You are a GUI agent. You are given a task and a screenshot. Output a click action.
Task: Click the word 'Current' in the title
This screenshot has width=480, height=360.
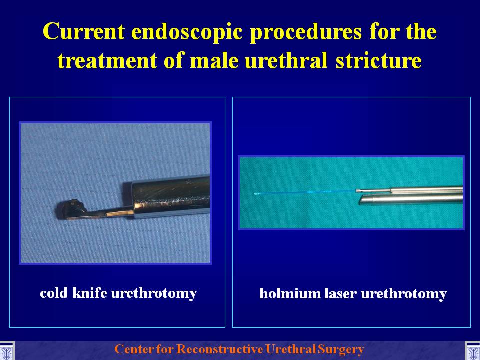click(x=84, y=31)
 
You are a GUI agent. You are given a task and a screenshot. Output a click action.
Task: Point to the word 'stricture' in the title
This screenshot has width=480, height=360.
click(x=378, y=60)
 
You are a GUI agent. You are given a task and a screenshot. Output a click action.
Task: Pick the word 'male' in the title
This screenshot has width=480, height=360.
click(x=214, y=60)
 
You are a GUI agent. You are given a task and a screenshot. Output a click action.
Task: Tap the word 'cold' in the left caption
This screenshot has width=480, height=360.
click(x=54, y=293)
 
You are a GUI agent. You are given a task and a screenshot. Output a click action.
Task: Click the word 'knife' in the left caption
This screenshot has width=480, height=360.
click(x=90, y=293)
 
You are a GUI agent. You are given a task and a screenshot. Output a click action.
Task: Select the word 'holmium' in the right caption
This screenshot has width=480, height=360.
click(x=289, y=293)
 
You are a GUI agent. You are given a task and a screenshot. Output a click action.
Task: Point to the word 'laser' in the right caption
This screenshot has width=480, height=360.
click(x=340, y=293)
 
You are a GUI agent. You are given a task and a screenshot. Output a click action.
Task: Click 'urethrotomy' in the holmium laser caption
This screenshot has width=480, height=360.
click(x=404, y=294)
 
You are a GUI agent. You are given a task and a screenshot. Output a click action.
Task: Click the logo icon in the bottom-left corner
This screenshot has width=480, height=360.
click(x=6, y=350)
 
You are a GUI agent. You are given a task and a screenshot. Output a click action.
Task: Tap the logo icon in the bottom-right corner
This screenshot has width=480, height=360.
click(x=472, y=350)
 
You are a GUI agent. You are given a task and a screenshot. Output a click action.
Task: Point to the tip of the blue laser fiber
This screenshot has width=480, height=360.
click(x=255, y=194)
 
